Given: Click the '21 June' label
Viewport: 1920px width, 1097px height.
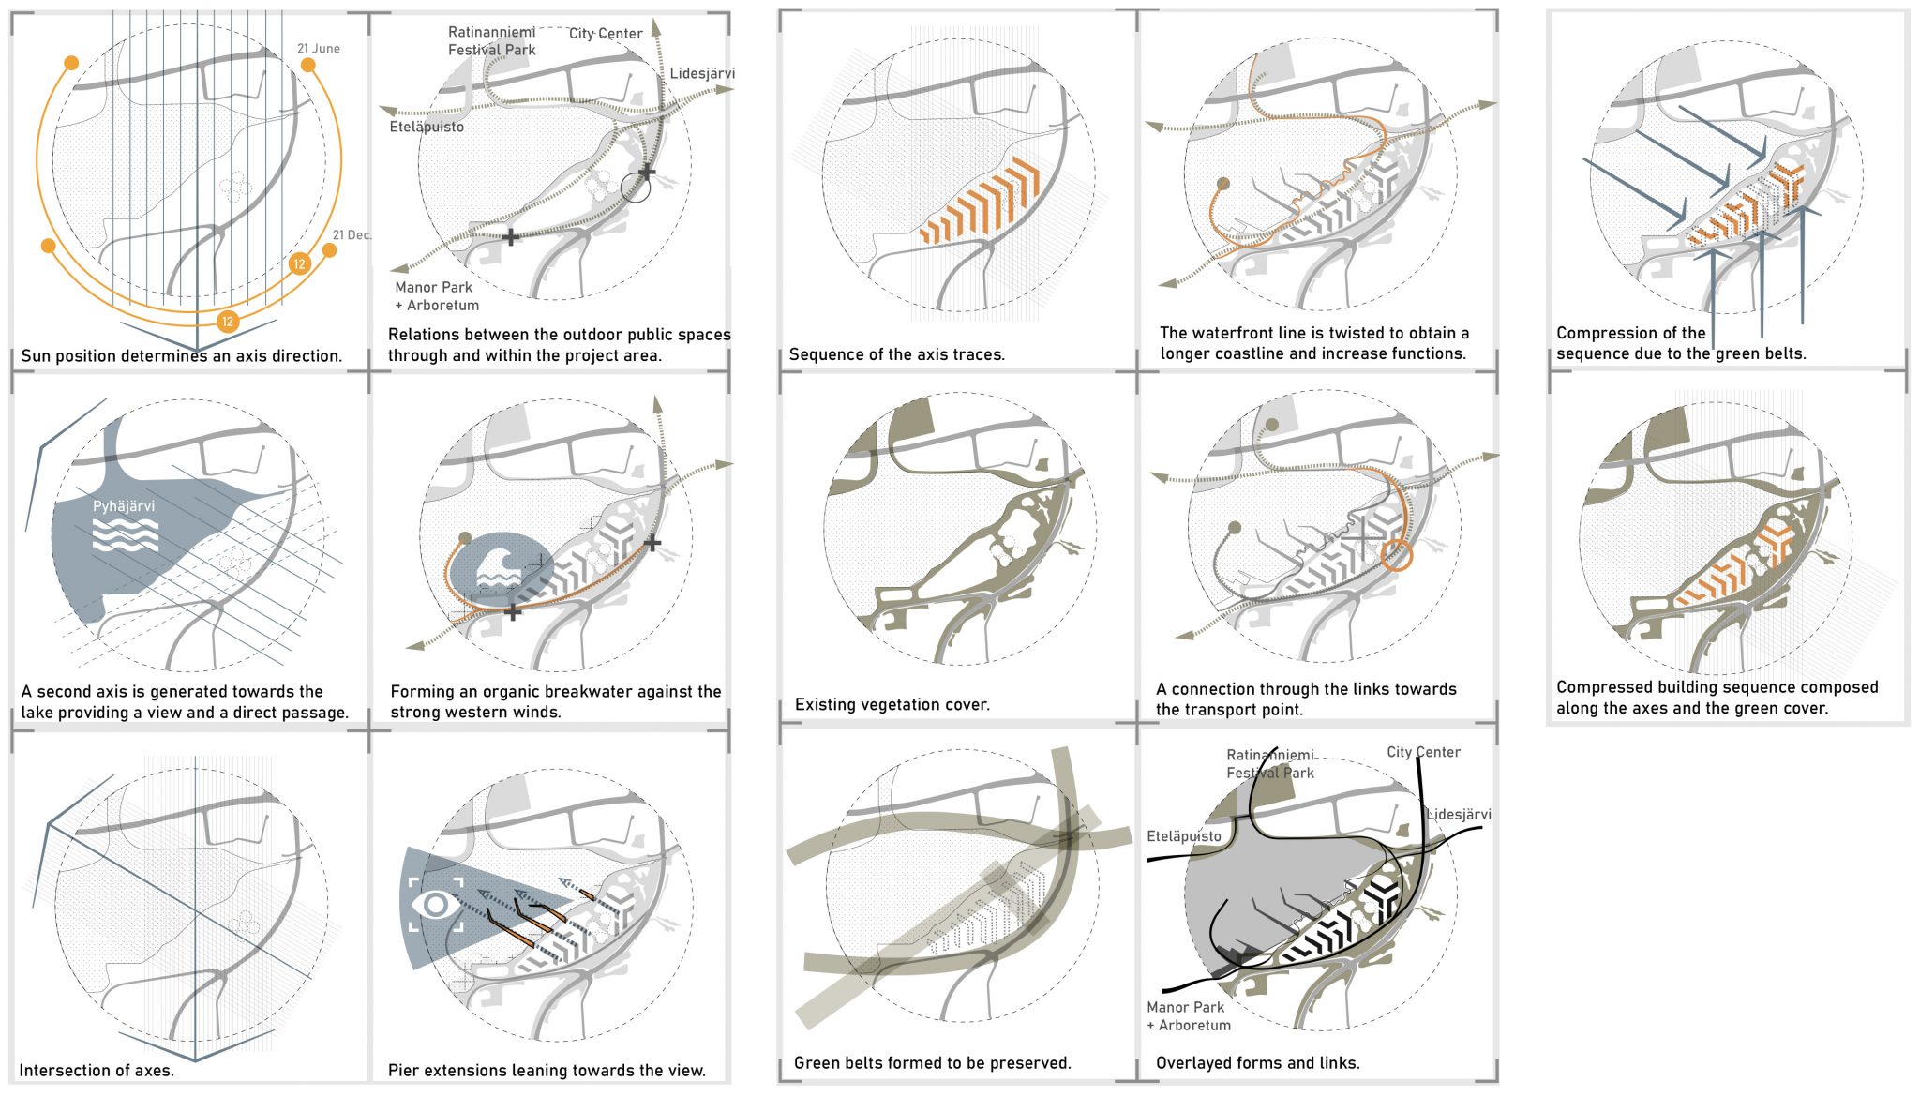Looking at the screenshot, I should coord(319,49).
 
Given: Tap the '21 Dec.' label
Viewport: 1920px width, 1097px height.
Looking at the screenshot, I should coord(352,235).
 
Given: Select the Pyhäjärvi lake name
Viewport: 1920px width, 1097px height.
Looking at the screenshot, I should coord(124,506).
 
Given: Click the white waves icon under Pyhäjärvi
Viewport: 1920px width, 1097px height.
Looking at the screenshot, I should coord(125,536).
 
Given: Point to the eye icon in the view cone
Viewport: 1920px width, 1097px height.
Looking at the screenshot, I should coord(436,905).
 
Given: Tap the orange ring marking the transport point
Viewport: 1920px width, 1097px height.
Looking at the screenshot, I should coord(1396,554).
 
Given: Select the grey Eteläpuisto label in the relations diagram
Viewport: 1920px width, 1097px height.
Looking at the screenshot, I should coord(427,127).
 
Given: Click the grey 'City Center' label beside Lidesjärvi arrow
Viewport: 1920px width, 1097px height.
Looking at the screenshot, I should coord(606,34).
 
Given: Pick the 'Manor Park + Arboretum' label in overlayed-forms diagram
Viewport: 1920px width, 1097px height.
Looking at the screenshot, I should coord(1188,1016).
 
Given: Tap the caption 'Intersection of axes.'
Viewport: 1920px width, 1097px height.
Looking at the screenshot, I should coord(97,1071).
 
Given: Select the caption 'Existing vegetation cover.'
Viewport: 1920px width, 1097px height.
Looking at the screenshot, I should coord(892,705).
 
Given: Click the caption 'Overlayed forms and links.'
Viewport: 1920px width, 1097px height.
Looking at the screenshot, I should coord(1257,1063).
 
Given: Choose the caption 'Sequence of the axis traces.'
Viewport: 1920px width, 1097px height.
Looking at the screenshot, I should coord(896,354).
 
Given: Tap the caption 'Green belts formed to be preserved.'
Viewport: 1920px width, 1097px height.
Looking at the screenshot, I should coord(932,1063).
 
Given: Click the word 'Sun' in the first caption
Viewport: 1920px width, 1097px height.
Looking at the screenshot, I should coord(36,356).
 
